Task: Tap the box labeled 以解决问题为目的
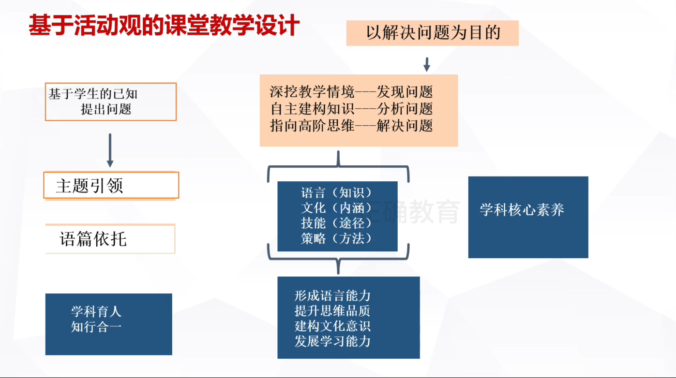click(432, 33)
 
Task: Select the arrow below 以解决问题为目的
click(427, 64)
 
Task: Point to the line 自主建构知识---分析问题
click(351, 108)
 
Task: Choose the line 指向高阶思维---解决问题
click(351, 125)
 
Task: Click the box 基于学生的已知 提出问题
click(110, 102)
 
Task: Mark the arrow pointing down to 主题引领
click(110, 150)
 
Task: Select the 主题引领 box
click(111, 185)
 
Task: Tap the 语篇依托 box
click(110, 239)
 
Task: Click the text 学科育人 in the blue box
click(96, 311)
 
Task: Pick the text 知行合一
click(96, 326)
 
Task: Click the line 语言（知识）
click(337, 193)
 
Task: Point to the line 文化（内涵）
click(337, 208)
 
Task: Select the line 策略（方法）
click(337, 238)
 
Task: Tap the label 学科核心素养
click(522, 210)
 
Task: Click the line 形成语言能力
click(332, 295)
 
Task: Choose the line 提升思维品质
click(332, 310)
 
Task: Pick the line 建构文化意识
click(332, 325)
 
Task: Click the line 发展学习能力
click(332, 341)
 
